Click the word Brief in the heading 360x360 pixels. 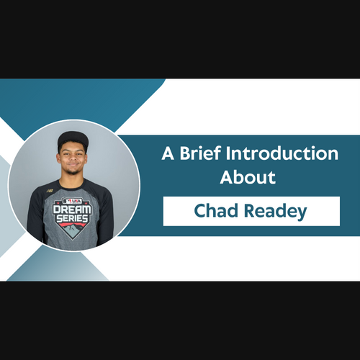click(200, 153)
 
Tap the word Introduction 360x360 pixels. click(282, 153)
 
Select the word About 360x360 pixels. click(248, 177)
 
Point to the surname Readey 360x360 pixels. click(276, 212)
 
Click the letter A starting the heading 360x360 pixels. click(168, 153)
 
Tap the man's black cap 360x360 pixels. click(73, 140)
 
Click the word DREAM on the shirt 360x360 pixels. click(72, 209)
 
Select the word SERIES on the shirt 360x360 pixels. click(72, 218)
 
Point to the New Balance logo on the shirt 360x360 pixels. click(50, 191)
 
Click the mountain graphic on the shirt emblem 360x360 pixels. click(72, 230)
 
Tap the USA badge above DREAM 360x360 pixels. click(72, 201)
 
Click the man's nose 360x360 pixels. click(72, 158)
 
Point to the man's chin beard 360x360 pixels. click(73, 171)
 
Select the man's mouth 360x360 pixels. click(73, 165)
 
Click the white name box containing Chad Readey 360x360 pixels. click(251, 211)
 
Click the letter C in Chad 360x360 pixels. click(199, 211)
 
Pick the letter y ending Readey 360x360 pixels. click(302, 214)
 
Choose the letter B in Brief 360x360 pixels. click(185, 153)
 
